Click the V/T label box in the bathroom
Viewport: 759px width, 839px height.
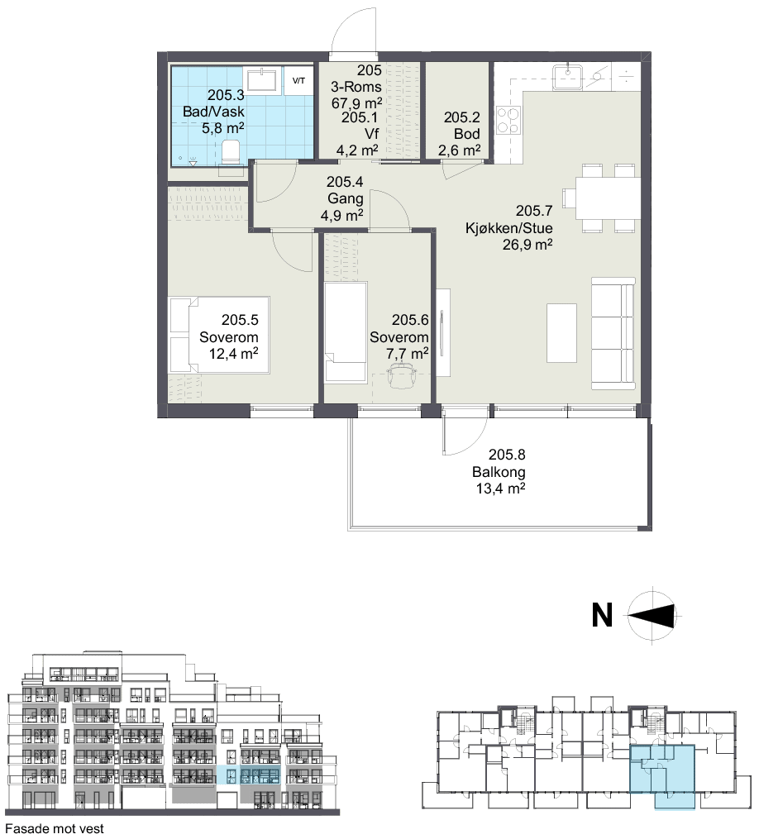click(298, 81)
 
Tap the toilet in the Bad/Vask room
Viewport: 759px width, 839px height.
click(231, 152)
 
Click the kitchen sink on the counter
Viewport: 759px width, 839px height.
click(568, 75)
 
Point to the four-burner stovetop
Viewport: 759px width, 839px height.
click(508, 121)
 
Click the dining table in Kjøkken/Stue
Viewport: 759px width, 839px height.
click(608, 198)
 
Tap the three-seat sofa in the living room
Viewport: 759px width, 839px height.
click(613, 333)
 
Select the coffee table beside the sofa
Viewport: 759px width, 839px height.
click(561, 333)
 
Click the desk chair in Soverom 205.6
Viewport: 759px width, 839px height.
click(402, 375)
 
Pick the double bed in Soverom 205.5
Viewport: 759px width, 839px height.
click(219, 335)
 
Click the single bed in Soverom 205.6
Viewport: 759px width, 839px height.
click(346, 331)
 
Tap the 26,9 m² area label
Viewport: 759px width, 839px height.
click(527, 245)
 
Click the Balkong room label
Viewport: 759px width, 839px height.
click(499, 472)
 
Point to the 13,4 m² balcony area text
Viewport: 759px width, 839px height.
click(500, 489)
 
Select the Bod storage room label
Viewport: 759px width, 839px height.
click(467, 134)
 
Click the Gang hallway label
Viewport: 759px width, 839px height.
click(346, 198)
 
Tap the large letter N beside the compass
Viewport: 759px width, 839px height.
click(602, 615)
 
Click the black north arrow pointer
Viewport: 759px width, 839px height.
click(652, 615)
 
